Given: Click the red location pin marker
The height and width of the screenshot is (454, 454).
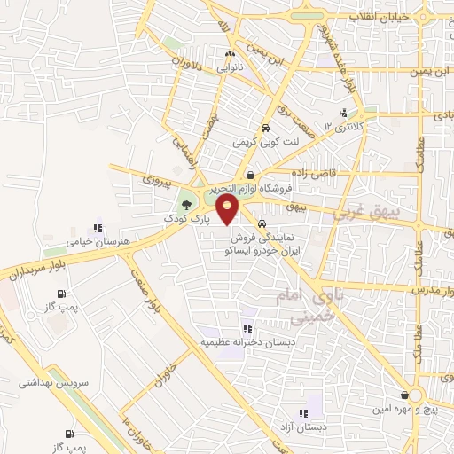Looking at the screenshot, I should tap(229, 210).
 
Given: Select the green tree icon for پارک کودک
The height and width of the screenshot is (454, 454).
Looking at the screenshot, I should tap(184, 206).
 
